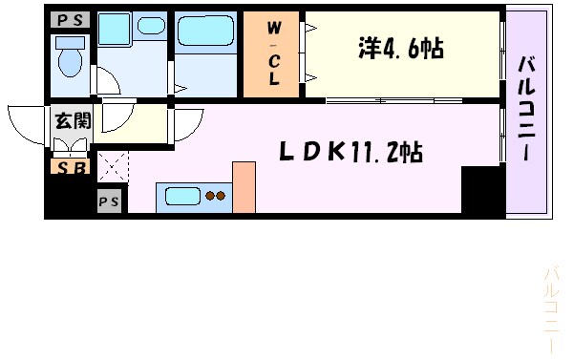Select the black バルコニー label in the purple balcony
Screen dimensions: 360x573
(527, 109)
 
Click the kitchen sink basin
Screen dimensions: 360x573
(184, 197)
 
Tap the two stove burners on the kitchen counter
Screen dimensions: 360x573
(216, 197)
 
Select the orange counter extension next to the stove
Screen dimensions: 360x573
(244, 186)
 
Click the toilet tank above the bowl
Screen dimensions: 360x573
(70, 42)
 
